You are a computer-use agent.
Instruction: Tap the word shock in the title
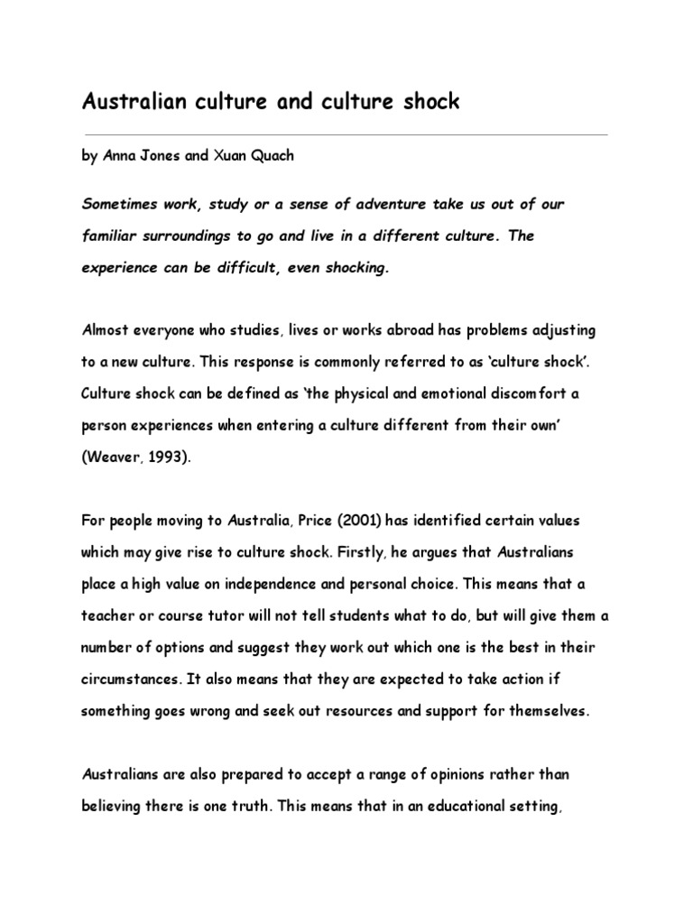click(x=431, y=102)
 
